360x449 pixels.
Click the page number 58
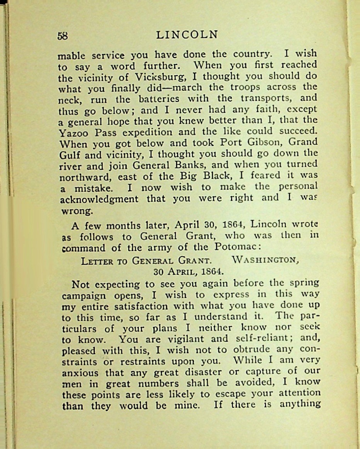point(63,36)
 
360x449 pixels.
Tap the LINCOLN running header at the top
point(187,35)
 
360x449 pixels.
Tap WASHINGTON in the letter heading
point(266,261)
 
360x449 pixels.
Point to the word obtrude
point(251,351)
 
